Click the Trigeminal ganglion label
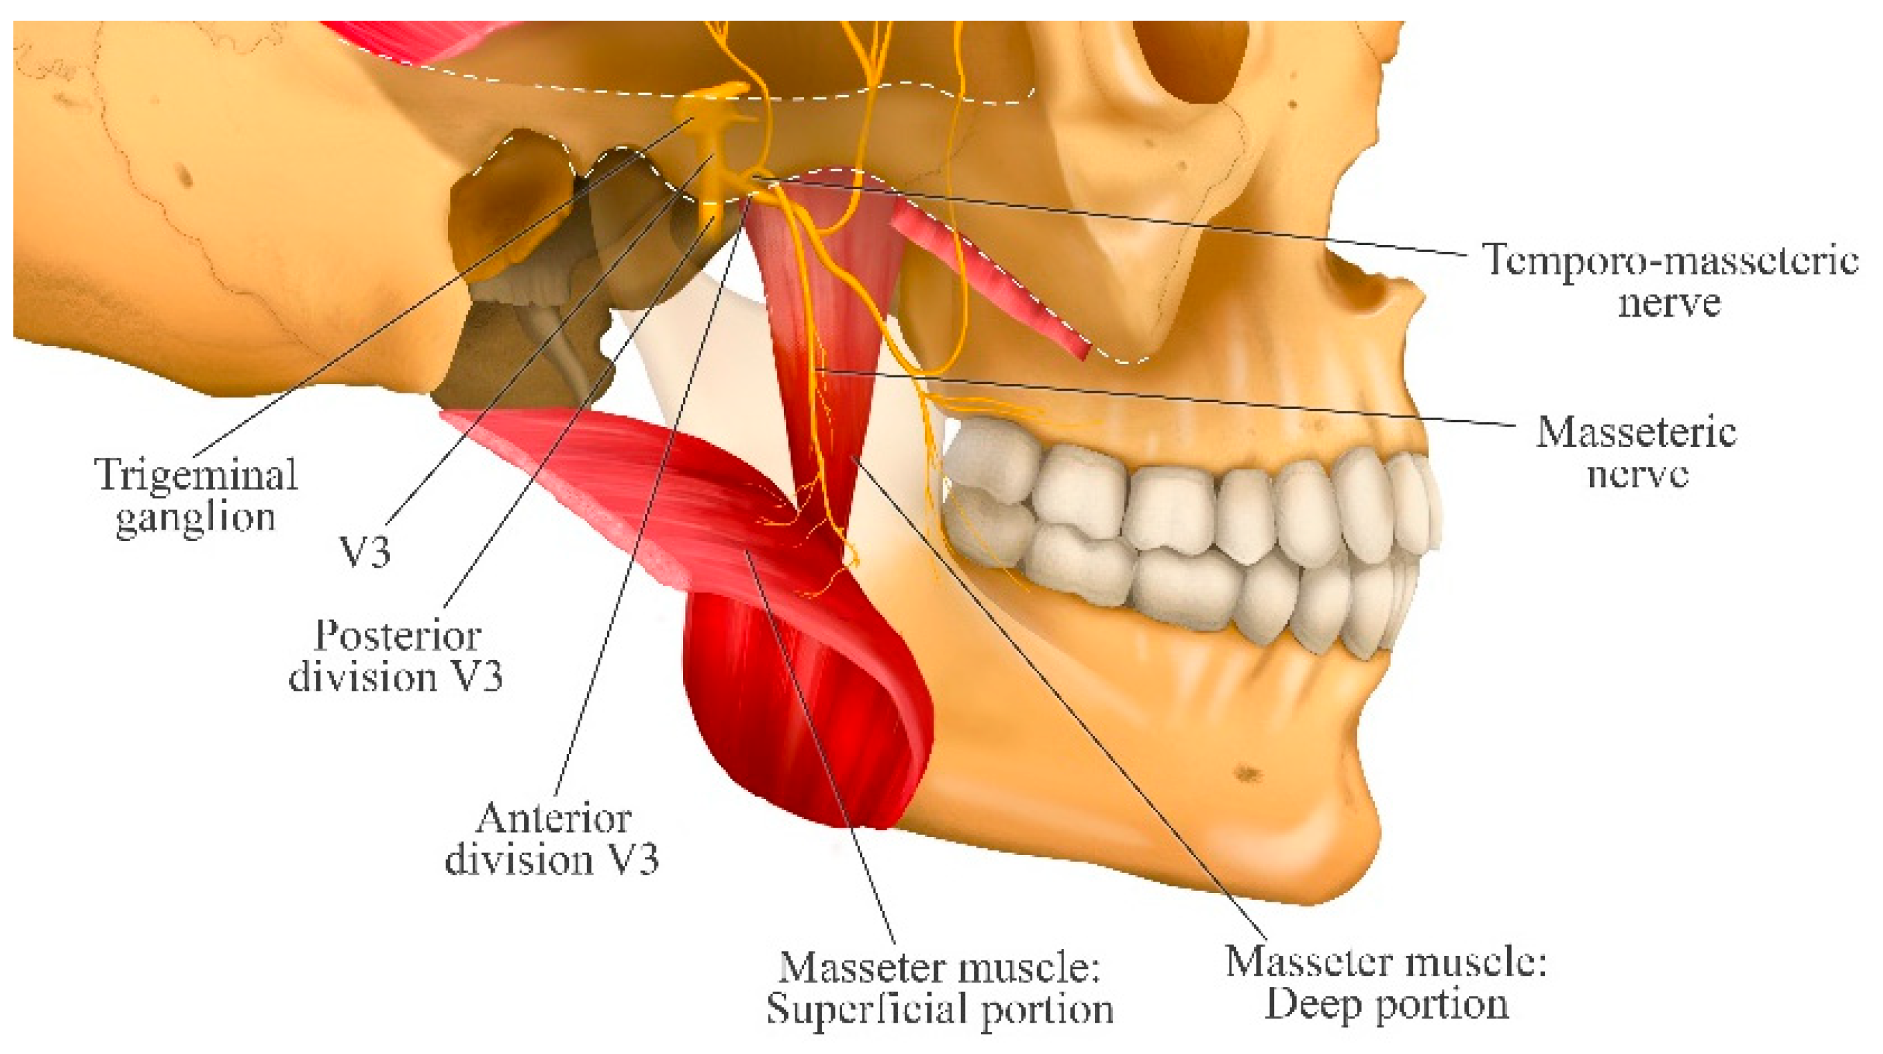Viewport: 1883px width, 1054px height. (196, 495)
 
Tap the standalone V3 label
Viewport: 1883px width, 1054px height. (365, 552)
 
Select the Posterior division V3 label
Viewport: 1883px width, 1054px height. (396, 656)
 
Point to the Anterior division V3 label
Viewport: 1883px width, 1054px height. (552, 838)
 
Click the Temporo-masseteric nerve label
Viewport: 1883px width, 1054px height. (1669, 280)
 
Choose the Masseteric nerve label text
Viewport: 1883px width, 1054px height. (1636, 452)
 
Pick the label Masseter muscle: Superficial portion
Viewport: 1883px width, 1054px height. (939, 988)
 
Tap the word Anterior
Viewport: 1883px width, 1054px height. (554, 818)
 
